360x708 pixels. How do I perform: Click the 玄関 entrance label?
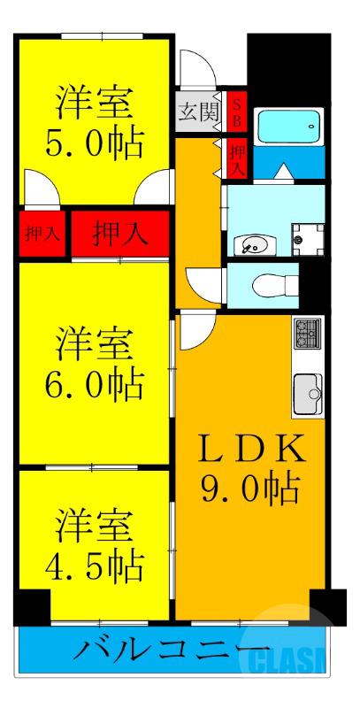pyautogui.click(x=195, y=112)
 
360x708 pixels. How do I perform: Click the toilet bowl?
pyautogui.click(x=266, y=283)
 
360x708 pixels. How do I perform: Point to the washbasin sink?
pyautogui.click(x=252, y=243)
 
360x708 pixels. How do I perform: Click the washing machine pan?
pyautogui.click(x=308, y=236)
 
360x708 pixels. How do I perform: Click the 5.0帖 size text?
pyautogui.click(x=95, y=142)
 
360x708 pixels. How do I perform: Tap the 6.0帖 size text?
pyautogui.click(x=95, y=383)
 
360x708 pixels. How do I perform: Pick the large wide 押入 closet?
pyautogui.click(x=120, y=235)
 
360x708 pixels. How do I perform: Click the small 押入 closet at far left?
pyautogui.click(x=42, y=235)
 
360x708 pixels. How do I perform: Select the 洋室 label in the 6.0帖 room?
pyautogui.click(x=95, y=342)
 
